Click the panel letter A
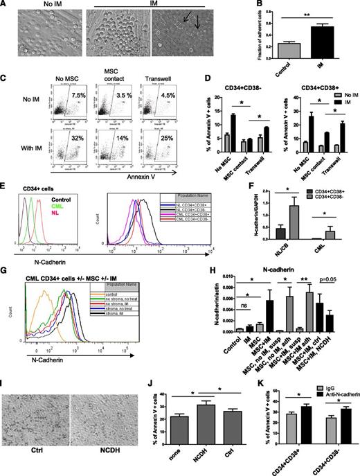[5, 6]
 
